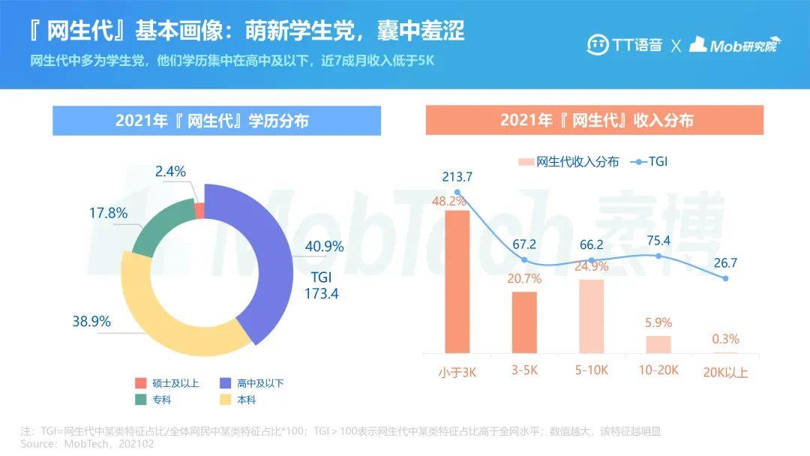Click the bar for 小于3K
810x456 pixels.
pyautogui.click(x=457, y=281)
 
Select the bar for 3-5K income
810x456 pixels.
pyautogui.click(x=524, y=322)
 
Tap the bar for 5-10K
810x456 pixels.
pyautogui.click(x=591, y=316)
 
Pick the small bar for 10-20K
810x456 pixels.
pyautogui.click(x=658, y=343)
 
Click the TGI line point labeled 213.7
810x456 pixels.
pyautogui.click(x=457, y=192)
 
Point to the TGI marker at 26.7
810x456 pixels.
pyautogui.click(x=725, y=278)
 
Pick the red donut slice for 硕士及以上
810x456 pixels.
pyautogui.click(x=199, y=209)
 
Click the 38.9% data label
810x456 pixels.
pyautogui.click(x=91, y=321)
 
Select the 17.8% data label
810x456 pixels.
pyautogui.click(x=108, y=213)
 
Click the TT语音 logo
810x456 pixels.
pyautogui.click(x=624, y=44)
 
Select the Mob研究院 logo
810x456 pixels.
pyautogui.click(x=734, y=44)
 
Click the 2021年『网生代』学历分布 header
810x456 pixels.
pyautogui.click(x=217, y=121)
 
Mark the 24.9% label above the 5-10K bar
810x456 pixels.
pyautogui.click(x=591, y=266)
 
